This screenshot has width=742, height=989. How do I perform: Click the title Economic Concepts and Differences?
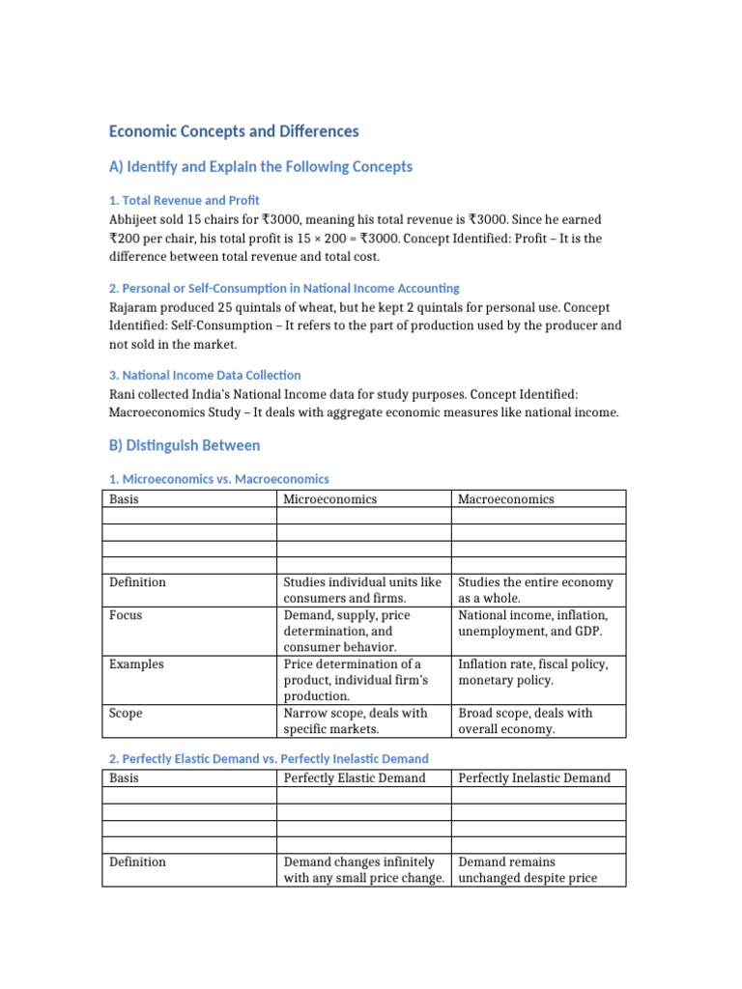(234, 131)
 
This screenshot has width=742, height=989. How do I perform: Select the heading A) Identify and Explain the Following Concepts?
(261, 167)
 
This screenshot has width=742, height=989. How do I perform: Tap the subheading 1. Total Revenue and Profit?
(185, 200)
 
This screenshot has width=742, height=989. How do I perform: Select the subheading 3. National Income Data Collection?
(205, 375)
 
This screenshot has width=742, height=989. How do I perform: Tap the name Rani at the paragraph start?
(124, 394)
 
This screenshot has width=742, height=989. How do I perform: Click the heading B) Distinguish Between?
(185, 445)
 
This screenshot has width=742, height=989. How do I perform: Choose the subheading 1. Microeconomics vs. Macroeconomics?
(219, 479)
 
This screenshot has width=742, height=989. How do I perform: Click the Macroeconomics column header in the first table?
(506, 499)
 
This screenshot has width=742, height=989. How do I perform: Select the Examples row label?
(136, 664)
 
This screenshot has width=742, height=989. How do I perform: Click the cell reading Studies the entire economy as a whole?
(535, 590)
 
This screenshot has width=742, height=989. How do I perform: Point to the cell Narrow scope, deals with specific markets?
(356, 721)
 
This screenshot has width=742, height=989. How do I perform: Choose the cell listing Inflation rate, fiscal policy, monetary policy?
(539, 672)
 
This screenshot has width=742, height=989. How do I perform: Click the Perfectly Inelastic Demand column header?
(534, 778)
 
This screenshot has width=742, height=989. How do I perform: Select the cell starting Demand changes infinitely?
(362, 869)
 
